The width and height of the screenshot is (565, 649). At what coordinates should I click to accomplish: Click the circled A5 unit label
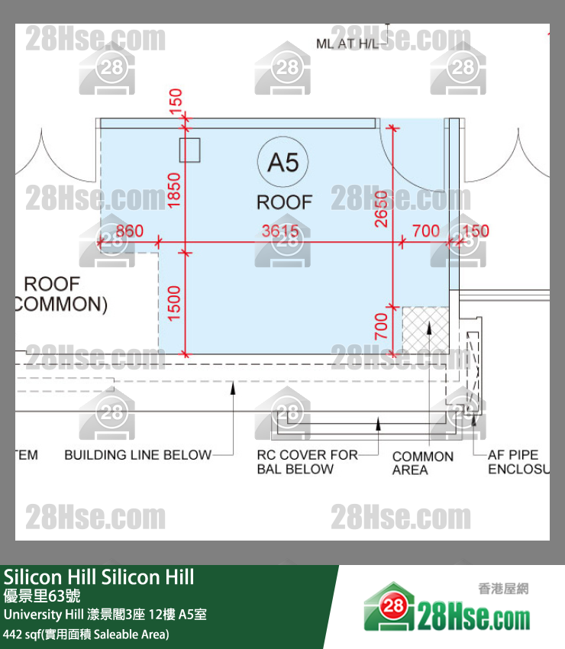[x=283, y=162]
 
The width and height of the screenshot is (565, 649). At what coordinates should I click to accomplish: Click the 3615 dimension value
[x=281, y=231]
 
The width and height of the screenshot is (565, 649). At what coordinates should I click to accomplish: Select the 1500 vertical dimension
[x=175, y=303]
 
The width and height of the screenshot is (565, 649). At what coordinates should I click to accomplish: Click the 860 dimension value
[x=129, y=231]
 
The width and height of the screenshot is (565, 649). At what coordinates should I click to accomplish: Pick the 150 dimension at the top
[x=176, y=101]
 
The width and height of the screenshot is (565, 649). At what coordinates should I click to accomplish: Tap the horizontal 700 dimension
[x=425, y=231]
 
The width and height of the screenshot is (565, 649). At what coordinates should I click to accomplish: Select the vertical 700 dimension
[x=382, y=327]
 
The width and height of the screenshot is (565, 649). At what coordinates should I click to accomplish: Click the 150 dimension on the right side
[x=476, y=231]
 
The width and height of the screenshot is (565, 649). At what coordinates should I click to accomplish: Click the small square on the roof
[x=189, y=150]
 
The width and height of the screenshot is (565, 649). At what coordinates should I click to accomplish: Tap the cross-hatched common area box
[x=427, y=331]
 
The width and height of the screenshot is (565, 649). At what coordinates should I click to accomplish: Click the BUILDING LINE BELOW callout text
[x=137, y=455]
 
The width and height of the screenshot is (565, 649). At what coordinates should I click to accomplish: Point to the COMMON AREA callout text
[x=422, y=463]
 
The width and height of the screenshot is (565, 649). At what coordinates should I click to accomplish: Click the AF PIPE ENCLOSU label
[x=518, y=462]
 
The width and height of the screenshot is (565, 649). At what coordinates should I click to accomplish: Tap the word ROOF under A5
[x=284, y=202]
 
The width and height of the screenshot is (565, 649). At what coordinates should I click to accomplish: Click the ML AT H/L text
[x=348, y=44]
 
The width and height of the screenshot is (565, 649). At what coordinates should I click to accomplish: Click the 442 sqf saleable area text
[x=86, y=634]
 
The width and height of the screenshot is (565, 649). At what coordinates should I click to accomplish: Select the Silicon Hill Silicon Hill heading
[x=98, y=576]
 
